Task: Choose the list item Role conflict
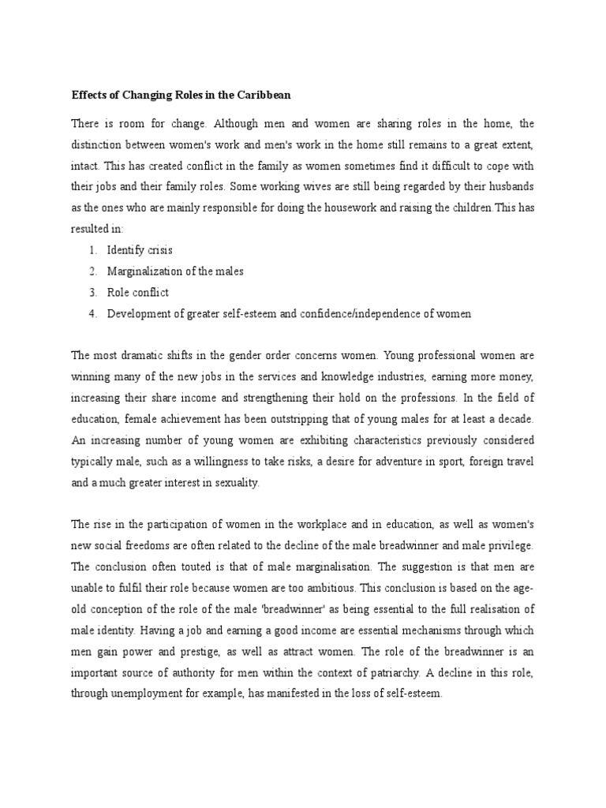pyautogui.click(x=138, y=293)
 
